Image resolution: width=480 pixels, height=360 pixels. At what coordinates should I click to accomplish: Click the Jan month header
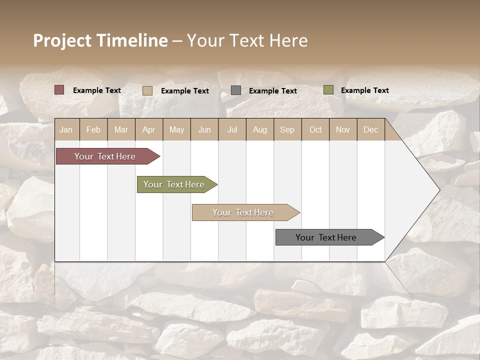point(66,129)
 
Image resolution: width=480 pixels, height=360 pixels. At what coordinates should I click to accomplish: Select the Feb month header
point(93,129)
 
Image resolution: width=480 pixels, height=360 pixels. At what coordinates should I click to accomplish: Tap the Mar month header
point(121,129)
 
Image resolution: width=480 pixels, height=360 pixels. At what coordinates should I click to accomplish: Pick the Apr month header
point(149,129)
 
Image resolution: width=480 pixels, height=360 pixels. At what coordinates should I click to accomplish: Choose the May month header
point(176,129)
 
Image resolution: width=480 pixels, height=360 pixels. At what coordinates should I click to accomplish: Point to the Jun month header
point(204,129)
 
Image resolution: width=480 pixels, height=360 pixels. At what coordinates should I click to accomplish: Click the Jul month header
point(232,129)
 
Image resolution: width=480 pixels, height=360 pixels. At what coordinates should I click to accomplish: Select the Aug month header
point(260,129)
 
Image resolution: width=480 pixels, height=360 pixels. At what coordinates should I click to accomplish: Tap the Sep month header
point(287,129)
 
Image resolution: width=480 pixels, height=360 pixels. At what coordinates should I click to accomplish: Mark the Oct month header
point(315,129)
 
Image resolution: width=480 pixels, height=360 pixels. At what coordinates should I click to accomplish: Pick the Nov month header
point(343,129)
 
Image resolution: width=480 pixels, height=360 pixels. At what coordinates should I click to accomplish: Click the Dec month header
point(371,129)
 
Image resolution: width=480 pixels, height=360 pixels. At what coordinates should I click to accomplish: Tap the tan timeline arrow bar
point(244,212)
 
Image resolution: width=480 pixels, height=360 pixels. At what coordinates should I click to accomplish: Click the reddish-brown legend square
point(59,90)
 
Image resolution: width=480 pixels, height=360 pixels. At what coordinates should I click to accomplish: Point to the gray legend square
point(236,90)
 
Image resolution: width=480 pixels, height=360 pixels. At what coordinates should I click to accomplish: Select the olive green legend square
point(328,90)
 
